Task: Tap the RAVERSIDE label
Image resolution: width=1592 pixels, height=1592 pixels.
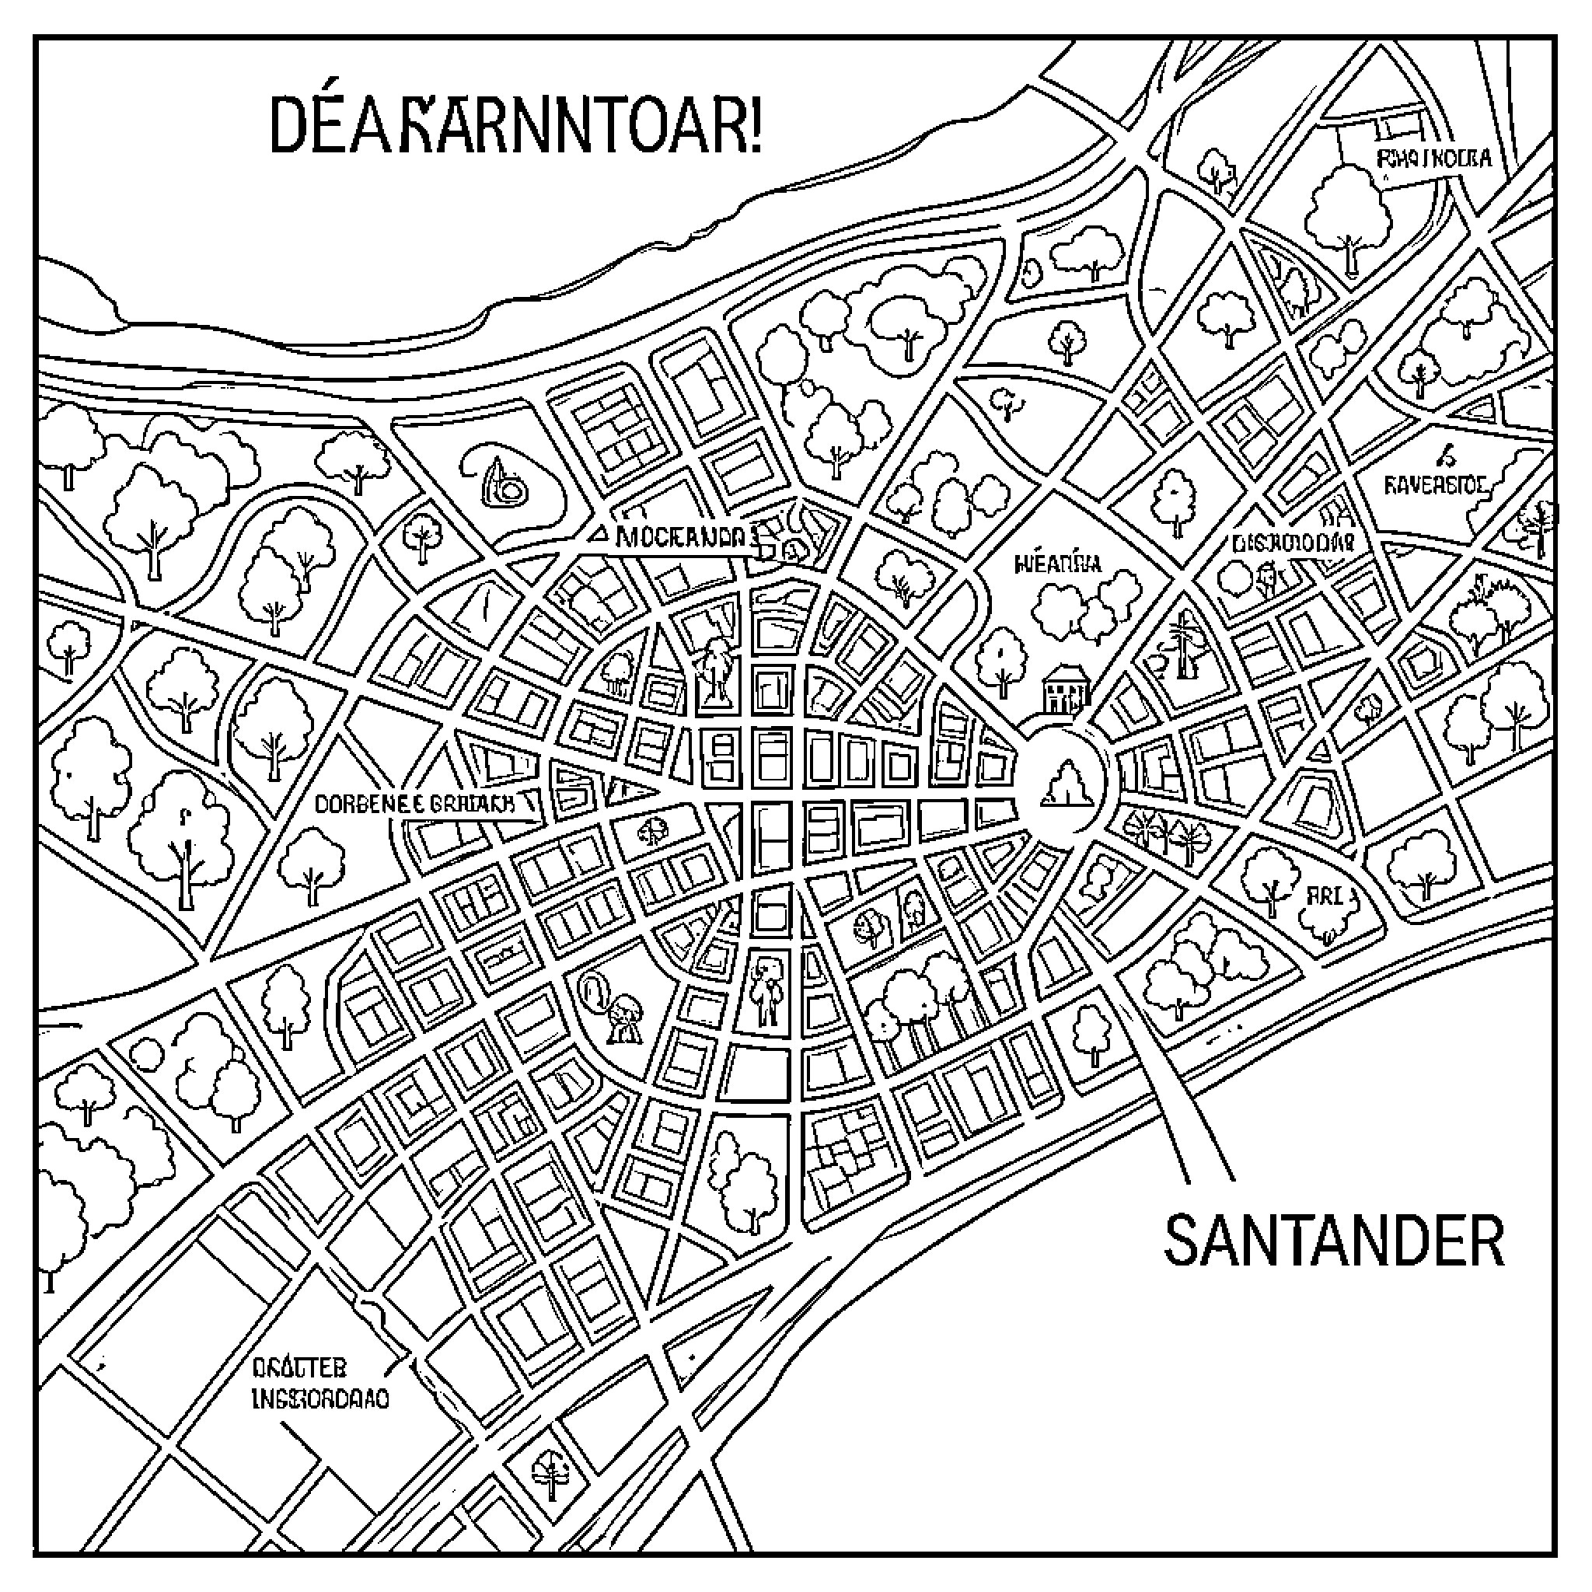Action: [x=1436, y=485]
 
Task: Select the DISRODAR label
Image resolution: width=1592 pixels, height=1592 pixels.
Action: [x=1292, y=543]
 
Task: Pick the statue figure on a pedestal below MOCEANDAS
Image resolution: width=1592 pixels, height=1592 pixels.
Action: [x=715, y=672]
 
